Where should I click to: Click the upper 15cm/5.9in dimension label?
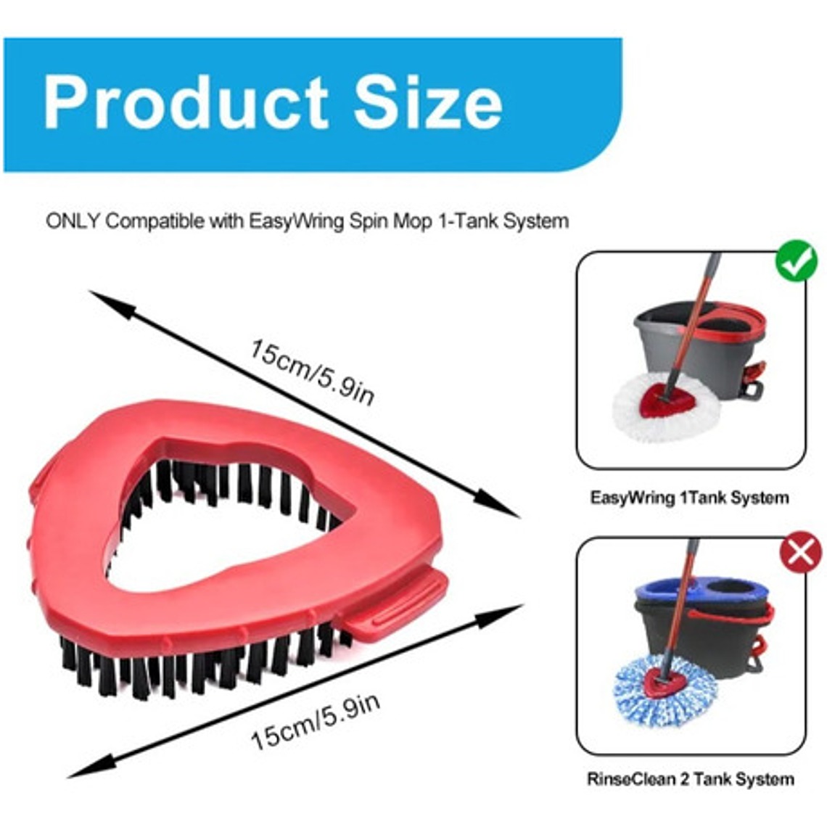coord(313,371)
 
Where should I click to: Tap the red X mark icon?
coord(800,554)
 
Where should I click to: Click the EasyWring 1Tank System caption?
coord(688,498)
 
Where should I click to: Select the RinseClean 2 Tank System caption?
coord(690,780)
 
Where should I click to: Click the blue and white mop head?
coord(664,693)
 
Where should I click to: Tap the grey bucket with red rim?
coord(689,341)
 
